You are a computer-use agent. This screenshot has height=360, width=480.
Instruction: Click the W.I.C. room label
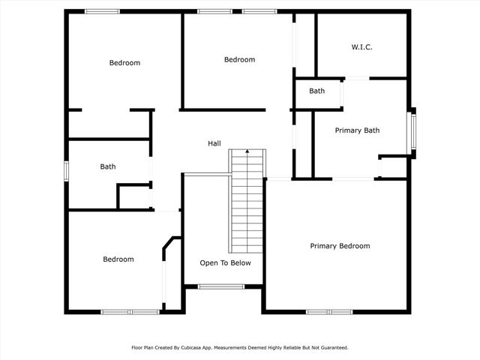click(361, 47)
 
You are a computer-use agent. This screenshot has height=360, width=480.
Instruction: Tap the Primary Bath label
click(357, 130)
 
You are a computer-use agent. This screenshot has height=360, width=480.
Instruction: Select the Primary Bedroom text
click(340, 246)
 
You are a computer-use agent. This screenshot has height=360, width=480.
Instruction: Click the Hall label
click(214, 143)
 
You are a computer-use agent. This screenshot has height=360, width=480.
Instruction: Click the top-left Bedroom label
click(124, 63)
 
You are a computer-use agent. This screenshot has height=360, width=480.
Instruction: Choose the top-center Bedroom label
click(239, 60)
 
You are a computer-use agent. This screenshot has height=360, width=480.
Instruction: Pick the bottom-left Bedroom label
click(118, 259)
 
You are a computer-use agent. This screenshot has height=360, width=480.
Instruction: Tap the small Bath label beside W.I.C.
click(317, 91)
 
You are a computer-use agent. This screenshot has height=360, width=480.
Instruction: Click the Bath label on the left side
click(108, 167)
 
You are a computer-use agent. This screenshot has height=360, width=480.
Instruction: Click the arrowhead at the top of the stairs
click(247, 151)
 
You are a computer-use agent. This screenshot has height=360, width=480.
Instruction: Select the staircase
click(247, 202)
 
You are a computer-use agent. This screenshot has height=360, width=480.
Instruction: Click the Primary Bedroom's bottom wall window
click(328, 311)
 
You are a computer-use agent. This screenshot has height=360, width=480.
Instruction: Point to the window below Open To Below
click(220, 286)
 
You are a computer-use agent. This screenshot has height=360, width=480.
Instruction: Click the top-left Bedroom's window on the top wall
click(101, 11)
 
